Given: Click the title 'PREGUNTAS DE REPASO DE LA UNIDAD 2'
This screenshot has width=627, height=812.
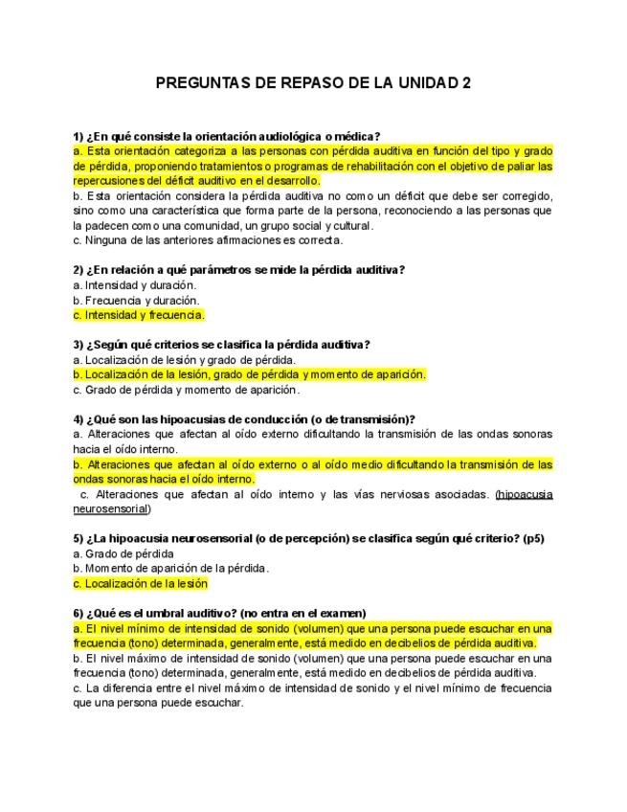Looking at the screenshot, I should pos(313,83).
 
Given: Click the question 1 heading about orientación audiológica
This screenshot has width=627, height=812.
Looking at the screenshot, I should pos(227,137).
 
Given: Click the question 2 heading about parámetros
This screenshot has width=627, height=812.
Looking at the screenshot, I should pos(238,270).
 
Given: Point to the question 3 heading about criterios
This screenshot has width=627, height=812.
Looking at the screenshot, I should pos(221,345).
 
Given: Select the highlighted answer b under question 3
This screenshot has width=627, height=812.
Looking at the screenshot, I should pos(249,374).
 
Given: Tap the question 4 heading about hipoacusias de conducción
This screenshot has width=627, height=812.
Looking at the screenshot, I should pos(244,419).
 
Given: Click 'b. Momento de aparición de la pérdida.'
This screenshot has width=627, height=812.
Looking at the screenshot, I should pos(170,569).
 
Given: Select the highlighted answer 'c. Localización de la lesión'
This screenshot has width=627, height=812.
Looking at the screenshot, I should pos(140,583).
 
